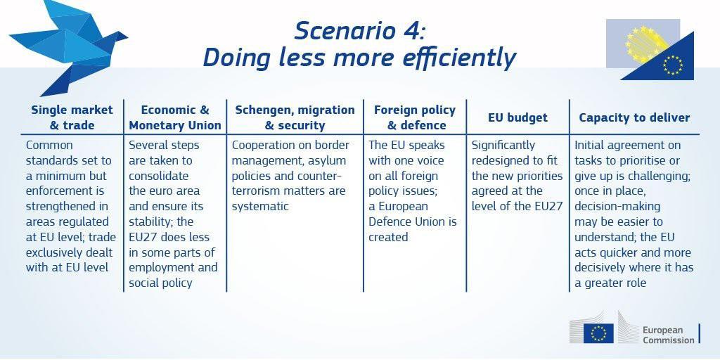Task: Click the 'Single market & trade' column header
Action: pyautogui.click(x=72, y=117)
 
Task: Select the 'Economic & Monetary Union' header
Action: pyautogui.click(x=175, y=117)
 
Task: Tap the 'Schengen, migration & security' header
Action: pyautogui.click(x=295, y=117)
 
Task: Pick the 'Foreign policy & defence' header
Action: pyautogui.click(x=415, y=117)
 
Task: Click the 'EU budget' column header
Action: pyautogui.click(x=517, y=117)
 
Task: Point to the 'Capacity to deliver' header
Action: pyautogui.click(x=634, y=117)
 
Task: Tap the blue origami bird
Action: pyautogui.click(x=69, y=46)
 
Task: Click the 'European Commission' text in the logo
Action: pyautogui.click(x=668, y=335)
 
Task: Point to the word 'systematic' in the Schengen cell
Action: pyautogui.click(x=260, y=206)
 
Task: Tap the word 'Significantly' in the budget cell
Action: pyautogui.click(x=503, y=146)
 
